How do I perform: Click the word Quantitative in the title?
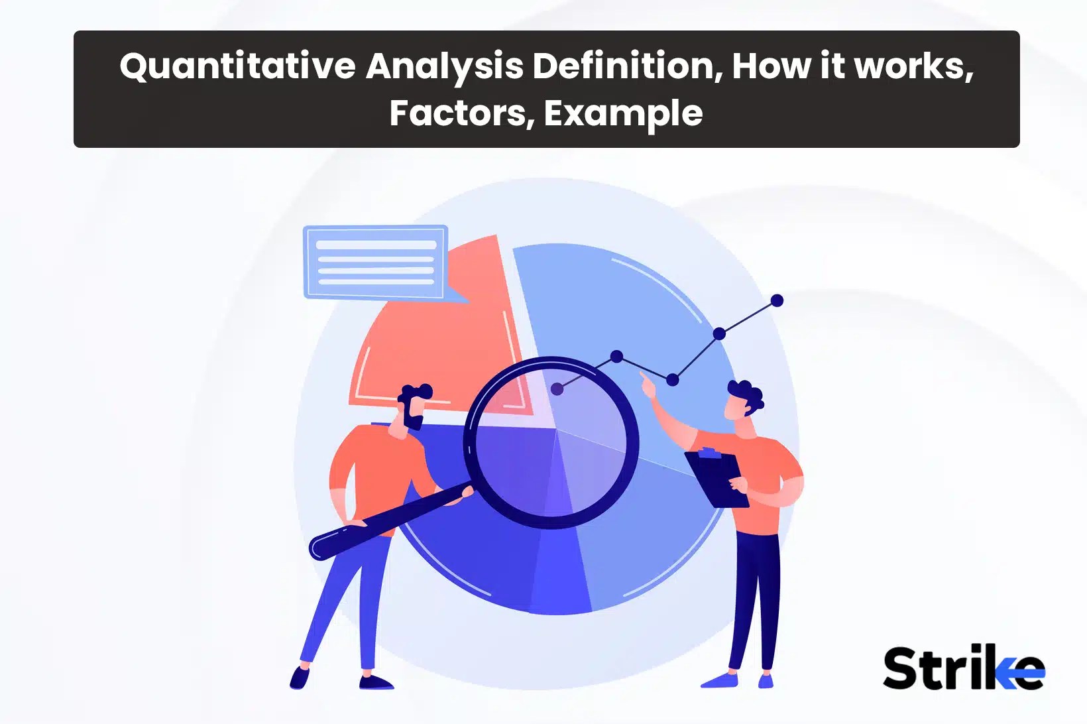237,67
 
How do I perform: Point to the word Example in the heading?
623,114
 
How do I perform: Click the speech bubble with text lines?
376,262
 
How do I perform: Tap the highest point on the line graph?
777,301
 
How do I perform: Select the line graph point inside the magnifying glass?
557,389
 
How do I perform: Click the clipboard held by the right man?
716,477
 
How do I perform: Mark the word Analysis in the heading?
444,67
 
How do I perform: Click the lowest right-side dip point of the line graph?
673,380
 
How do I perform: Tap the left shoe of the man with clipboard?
720,680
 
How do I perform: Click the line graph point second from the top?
719,333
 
